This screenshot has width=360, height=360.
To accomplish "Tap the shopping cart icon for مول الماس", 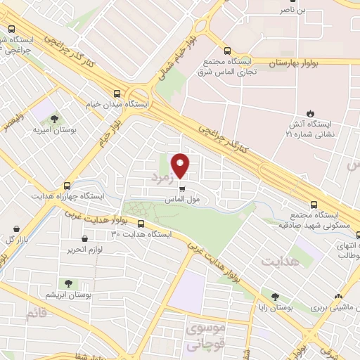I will [182, 188].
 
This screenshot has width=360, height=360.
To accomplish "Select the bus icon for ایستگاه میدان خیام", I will [116, 94].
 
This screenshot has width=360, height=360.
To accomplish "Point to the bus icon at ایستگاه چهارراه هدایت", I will [67, 186].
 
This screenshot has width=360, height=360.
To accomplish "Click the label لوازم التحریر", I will [85, 250].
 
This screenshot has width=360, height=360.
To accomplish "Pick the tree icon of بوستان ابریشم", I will [69, 283].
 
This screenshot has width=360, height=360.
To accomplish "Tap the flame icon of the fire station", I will [310, 114].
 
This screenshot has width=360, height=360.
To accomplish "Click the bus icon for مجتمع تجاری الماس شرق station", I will [227, 51].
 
